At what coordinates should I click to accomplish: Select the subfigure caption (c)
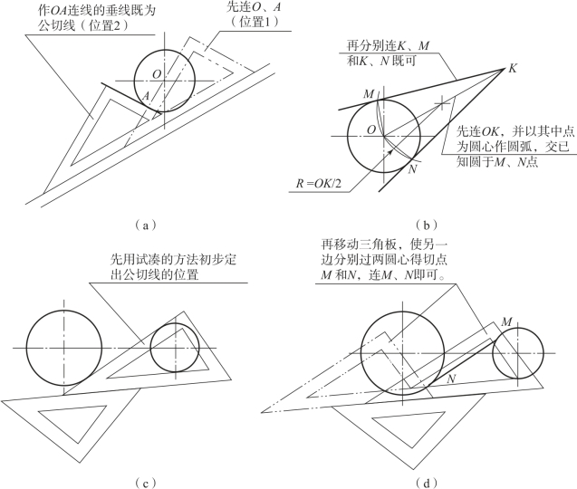144,477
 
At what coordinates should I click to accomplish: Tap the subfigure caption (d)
425,477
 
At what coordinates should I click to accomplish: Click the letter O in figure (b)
370,130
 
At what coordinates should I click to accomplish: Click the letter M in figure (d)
505,321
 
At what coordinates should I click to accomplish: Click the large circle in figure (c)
64,348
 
